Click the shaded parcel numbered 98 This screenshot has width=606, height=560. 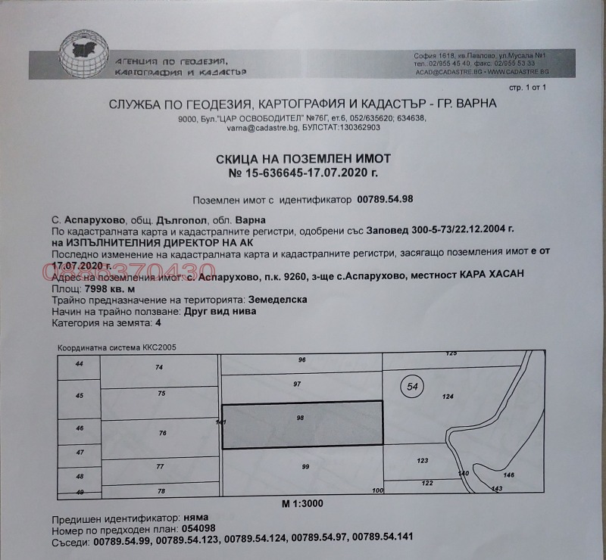tap(301, 424)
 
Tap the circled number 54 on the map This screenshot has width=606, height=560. tap(411, 387)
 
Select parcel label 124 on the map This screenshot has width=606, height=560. tap(447, 397)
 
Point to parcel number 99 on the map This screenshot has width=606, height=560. tap(305, 467)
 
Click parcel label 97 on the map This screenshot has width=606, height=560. tap(297, 384)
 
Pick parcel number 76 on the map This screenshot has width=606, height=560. tap(161, 433)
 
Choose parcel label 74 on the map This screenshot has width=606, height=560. tap(159, 367)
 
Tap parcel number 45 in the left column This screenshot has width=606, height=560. tap(80, 396)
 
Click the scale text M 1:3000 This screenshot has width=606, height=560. tap(302, 502)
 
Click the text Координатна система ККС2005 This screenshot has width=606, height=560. tap(117, 348)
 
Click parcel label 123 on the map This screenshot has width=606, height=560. tap(423, 460)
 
